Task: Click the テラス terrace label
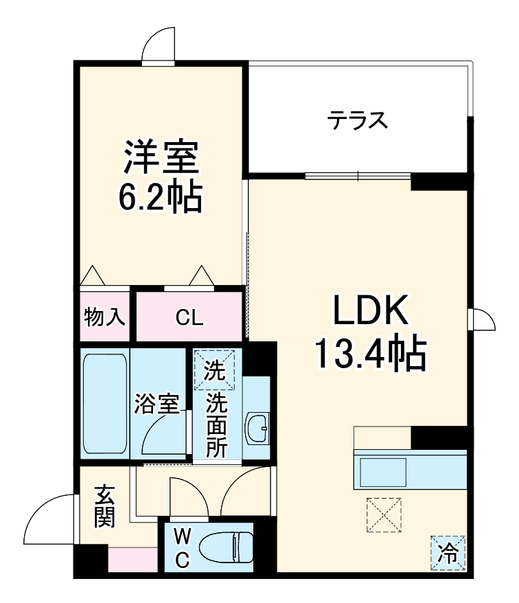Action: [x=357, y=121]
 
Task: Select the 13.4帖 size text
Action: [x=371, y=354]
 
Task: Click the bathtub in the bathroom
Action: [x=105, y=404]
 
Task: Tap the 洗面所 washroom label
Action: [x=217, y=426]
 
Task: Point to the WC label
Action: [x=181, y=547]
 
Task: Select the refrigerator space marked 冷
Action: [x=448, y=551]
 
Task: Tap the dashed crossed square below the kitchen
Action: [x=384, y=515]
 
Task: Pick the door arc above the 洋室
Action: [x=159, y=45]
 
